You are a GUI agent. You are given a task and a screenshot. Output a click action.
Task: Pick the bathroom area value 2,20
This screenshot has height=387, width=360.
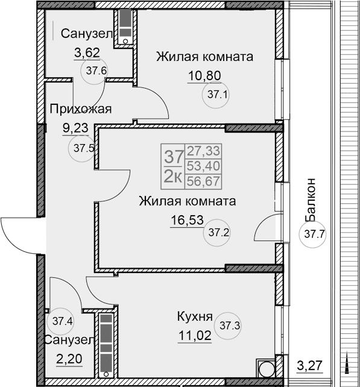(68, 360)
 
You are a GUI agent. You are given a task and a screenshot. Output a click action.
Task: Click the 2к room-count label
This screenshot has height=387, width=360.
(174, 176)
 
